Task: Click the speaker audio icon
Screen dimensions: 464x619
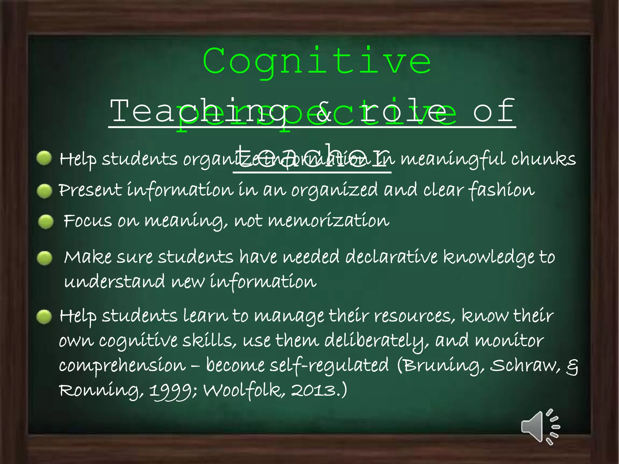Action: (x=540, y=427)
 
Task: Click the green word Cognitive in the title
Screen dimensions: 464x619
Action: (x=317, y=62)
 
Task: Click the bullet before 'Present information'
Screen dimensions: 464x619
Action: (x=44, y=191)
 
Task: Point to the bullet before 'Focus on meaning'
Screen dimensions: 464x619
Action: (x=46, y=222)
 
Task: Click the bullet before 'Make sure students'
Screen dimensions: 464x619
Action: (x=44, y=258)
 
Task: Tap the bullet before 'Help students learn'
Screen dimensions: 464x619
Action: (x=44, y=317)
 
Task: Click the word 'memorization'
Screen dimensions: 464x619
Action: (x=329, y=221)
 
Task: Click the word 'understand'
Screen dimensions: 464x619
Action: (x=115, y=282)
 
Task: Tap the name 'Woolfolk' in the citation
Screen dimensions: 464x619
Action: (x=244, y=390)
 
